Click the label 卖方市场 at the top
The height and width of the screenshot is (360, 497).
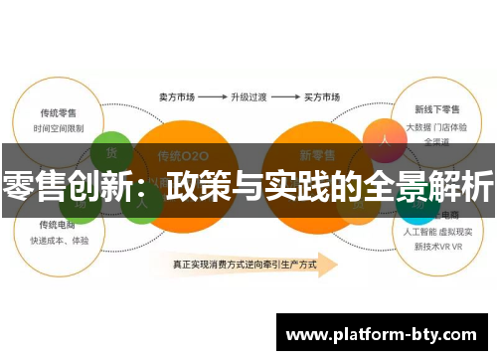coord(177,98)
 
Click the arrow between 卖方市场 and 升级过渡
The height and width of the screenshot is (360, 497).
coord(211,98)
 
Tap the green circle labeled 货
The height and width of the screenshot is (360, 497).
coord(110,152)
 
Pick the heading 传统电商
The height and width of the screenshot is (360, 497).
coord(59,224)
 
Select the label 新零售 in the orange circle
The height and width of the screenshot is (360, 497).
coord(319,155)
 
